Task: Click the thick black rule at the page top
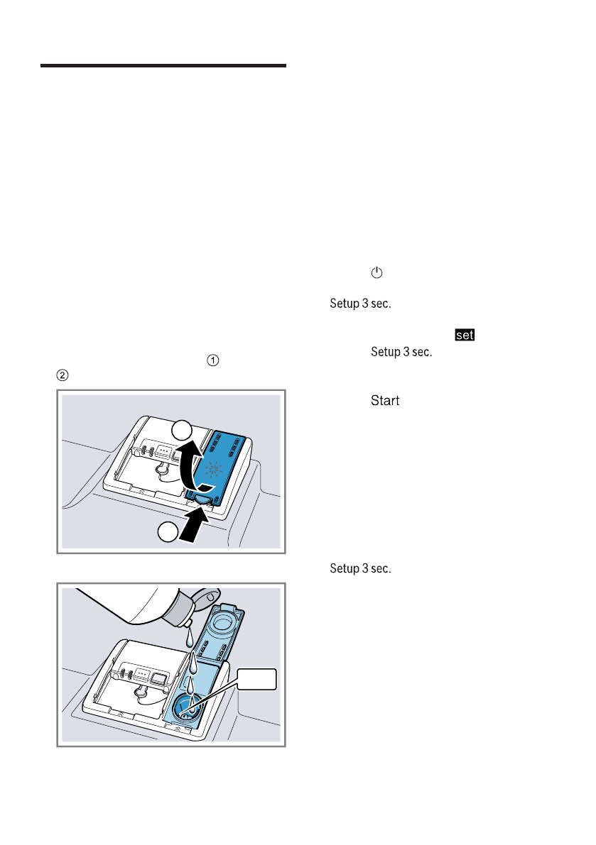click(x=163, y=66)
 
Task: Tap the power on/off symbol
click(x=376, y=273)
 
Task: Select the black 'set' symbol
click(x=465, y=335)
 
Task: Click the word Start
click(x=385, y=402)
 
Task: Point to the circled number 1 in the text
click(x=210, y=360)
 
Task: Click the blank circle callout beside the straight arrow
click(x=168, y=531)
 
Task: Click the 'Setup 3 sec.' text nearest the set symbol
click(x=401, y=352)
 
